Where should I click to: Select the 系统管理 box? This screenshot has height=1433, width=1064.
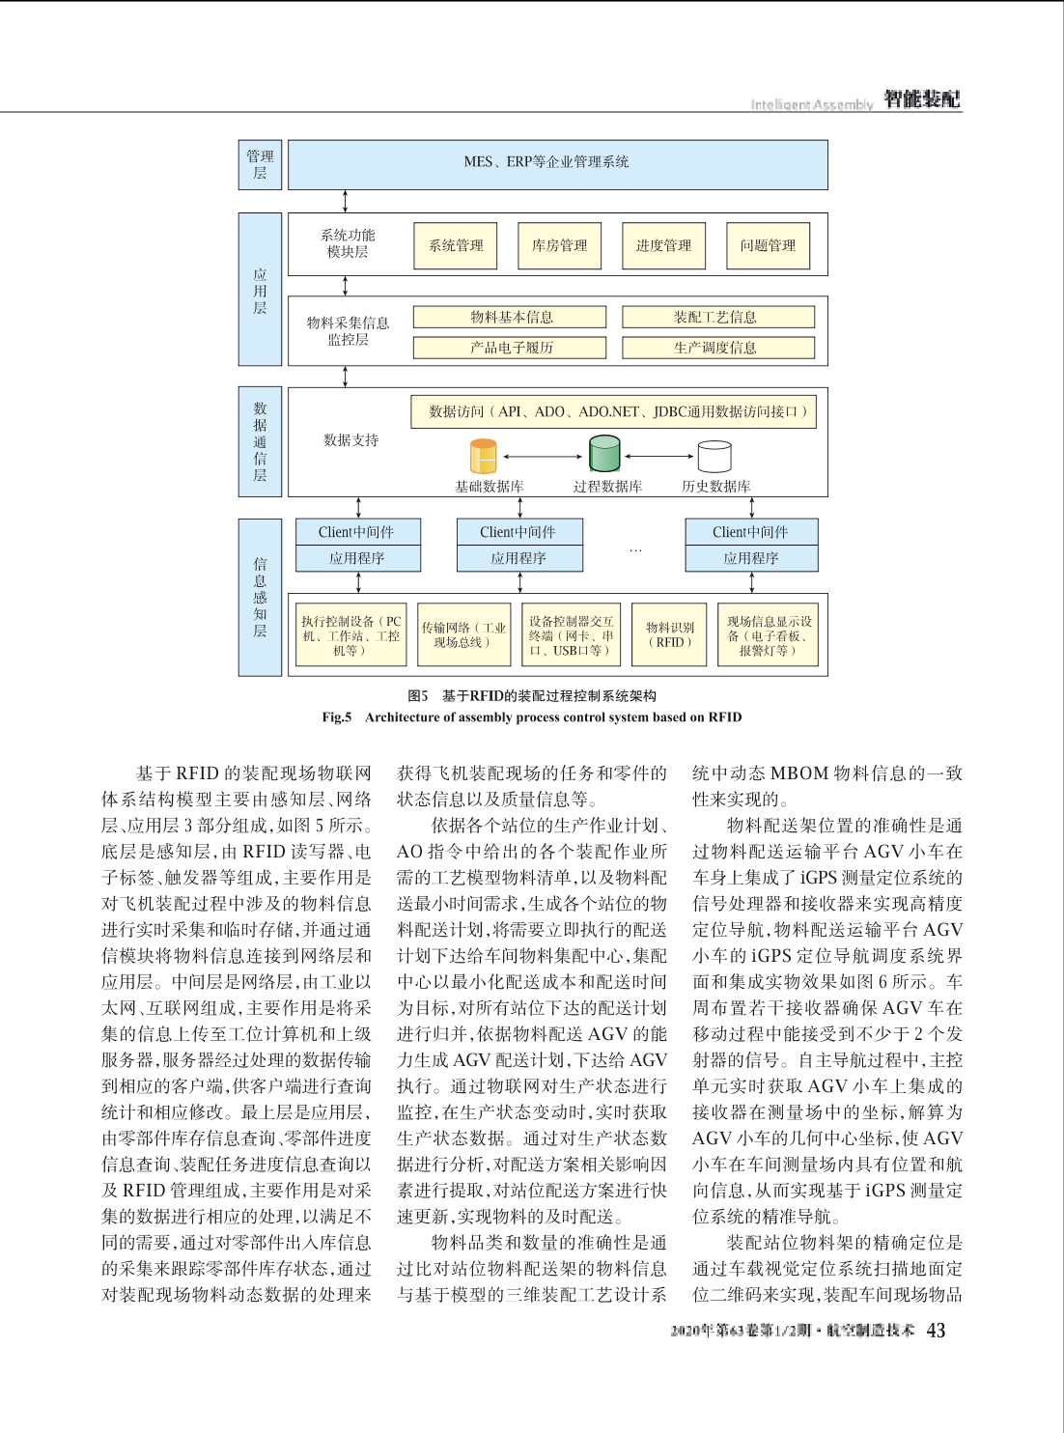click(456, 245)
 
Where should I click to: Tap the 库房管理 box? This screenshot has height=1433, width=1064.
click(559, 245)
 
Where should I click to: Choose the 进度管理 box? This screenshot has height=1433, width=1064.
click(663, 245)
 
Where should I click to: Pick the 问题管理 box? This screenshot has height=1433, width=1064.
click(768, 245)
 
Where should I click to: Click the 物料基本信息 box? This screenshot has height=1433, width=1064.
click(510, 317)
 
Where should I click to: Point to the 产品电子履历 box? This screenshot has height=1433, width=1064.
click(510, 348)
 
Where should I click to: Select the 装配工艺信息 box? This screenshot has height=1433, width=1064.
click(717, 317)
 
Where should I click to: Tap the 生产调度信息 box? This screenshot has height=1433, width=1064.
click(717, 348)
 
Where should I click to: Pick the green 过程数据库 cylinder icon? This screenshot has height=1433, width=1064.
click(604, 453)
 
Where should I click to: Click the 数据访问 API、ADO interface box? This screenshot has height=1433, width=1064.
click(614, 411)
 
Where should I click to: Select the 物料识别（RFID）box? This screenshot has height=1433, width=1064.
click(670, 634)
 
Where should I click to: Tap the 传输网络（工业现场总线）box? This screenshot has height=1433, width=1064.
click(463, 634)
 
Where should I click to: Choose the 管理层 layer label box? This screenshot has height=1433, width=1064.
click(260, 164)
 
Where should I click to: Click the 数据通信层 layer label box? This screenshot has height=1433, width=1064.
click(260, 441)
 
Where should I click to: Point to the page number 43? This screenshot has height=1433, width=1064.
click(936, 1331)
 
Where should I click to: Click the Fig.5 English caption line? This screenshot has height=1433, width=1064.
click(532, 717)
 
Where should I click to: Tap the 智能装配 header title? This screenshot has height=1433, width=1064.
click(921, 99)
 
